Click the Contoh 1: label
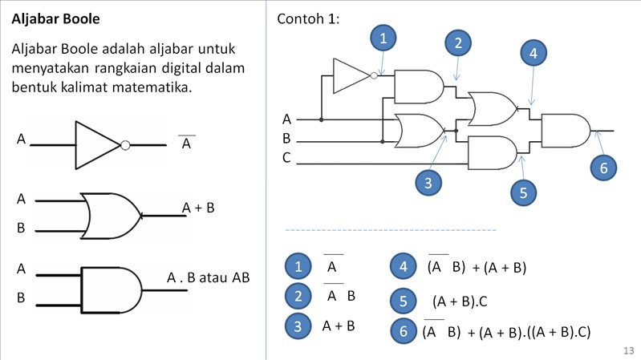[308, 18]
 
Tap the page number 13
[628, 350]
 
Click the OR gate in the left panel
[111, 215]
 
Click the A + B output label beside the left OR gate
[198, 208]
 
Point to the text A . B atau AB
[209, 278]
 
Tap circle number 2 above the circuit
[458, 43]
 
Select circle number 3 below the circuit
[429, 183]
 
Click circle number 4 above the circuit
[533, 54]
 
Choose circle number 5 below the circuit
[523, 192]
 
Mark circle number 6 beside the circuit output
[604, 167]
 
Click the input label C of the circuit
[286, 157]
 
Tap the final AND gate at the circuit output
[566, 130]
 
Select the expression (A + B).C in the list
[460, 301]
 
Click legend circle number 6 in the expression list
[403, 330]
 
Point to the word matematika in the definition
[152, 86]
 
